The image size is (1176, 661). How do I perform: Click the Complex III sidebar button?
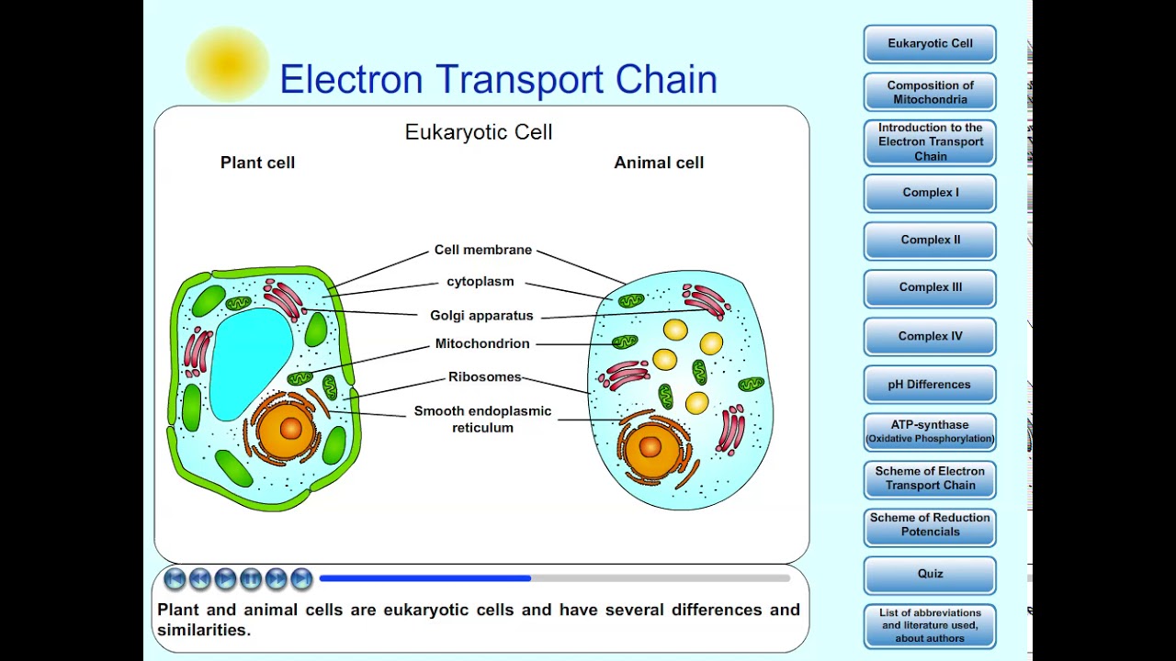coord(930,287)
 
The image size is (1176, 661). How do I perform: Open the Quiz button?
coord(930,574)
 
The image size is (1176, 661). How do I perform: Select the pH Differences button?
coord(930,385)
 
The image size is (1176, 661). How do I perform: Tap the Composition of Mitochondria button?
coord(930,92)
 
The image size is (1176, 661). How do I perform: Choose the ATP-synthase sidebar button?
coord(930,431)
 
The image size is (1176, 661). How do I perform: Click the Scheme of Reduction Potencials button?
coord(930,524)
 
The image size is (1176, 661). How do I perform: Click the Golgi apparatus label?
coord(481,316)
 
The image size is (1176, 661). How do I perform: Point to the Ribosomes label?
coord(484,377)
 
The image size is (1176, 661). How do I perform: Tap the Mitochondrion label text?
coord(482,344)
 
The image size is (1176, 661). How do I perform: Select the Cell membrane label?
coord(483,251)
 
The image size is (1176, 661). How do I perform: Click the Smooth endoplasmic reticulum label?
coord(482,419)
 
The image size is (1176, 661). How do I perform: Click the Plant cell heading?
coord(257,162)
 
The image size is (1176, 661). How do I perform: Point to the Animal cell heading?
coord(659,162)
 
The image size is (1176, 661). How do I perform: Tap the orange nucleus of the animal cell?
coord(650,447)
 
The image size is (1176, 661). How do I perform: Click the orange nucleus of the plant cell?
coord(289,429)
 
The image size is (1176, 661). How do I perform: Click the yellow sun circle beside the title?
coord(227,64)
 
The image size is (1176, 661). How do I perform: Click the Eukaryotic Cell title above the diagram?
coord(479,132)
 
